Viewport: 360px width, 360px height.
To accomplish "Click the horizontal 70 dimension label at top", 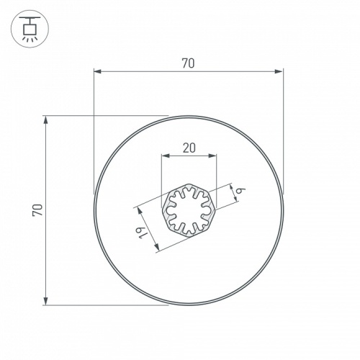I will pyautogui.click(x=188, y=63).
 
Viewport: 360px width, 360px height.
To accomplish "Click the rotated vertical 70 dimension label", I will pyautogui.click(x=38, y=210).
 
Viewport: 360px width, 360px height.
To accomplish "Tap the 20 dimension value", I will pyautogui.click(x=189, y=148).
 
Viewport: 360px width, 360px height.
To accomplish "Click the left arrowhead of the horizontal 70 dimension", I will pyautogui.click(x=98, y=71).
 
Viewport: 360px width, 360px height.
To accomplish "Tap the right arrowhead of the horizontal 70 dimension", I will pyautogui.click(x=279, y=71).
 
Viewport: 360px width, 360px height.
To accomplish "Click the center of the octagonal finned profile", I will pyautogui.click(x=189, y=210).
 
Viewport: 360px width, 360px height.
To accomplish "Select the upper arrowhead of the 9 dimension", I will pyautogui.click(x=231, y=185).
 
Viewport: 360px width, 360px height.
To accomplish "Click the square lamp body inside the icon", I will pyautogui.click(x=30, y=28).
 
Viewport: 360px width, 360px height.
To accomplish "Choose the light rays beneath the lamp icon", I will pyautogui.click(x=30, y=38).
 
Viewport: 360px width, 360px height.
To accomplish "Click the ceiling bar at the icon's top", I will pyautogui.click(x=30, y=17).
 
